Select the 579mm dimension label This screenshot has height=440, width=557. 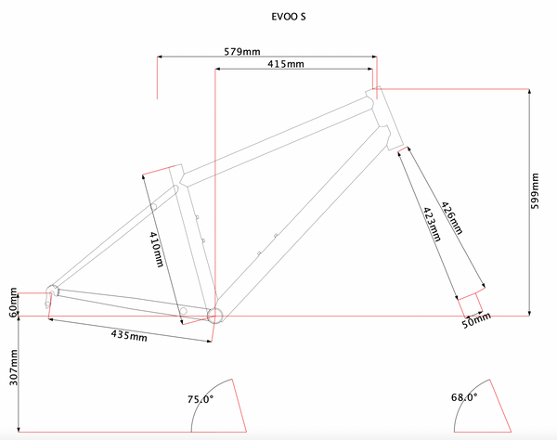pos(242,50)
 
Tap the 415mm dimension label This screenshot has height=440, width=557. pos(284,64)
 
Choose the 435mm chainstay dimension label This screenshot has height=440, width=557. pos(129,332)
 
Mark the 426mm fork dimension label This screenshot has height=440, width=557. pos(452,219)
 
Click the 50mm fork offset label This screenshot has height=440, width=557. pos(475,321)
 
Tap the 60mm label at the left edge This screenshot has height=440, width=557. pos(13,303)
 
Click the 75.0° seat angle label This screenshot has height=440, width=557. pos(201,399)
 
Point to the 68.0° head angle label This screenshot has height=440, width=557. pos(465,397)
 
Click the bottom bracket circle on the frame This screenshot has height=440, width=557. pos(214,315)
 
